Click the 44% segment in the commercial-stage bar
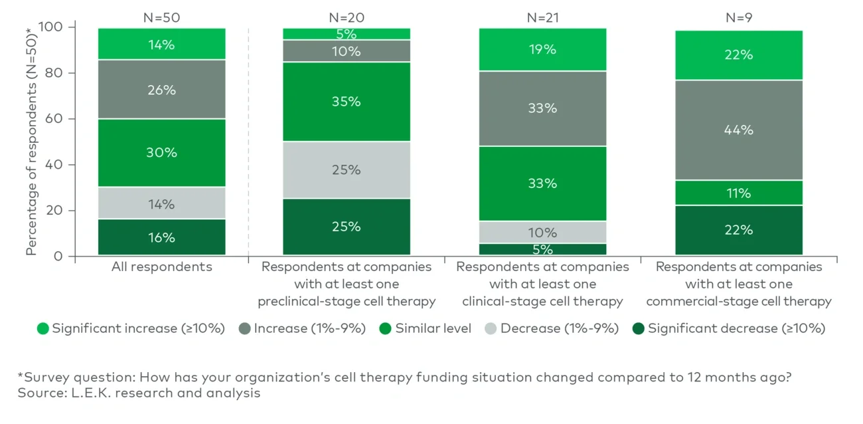tap(738, 130)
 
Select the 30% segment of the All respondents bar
tap(161, 153)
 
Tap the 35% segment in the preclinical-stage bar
tap(346, 101)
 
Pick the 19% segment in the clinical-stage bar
tap(542, 49)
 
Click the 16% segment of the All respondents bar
tap(161, 237)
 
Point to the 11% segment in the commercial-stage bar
tap(738, 193)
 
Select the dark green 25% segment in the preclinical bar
tap(346, 227)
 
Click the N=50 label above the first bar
tap(161, 18)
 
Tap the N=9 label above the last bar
tap(738, 18)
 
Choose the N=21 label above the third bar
tap(542, 18)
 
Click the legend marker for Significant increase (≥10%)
tap(42, 328)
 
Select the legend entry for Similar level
tap(425, 328)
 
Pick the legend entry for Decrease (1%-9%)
tap(551, 328)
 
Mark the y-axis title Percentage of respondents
tap(31, 142)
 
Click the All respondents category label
tap(161, 267)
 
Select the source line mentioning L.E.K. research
tap(139, 393)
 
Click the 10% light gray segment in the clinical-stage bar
tap(542, 233)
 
